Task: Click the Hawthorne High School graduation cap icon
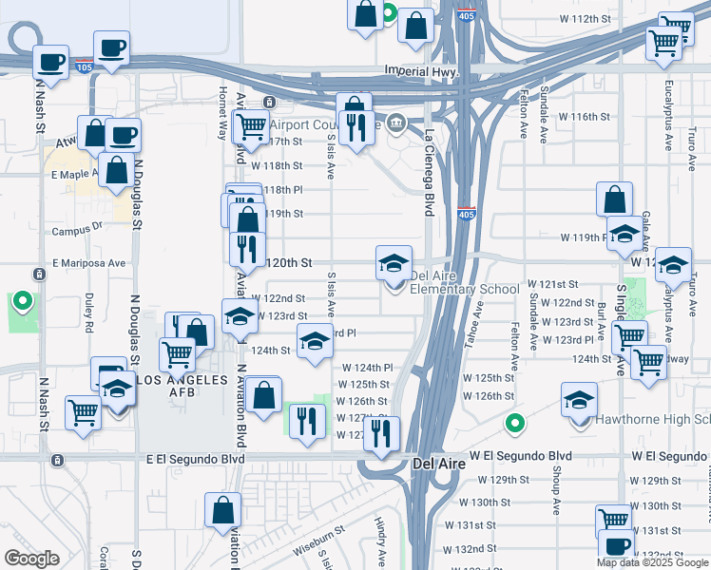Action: [579, 400]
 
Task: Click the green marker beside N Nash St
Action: [23, 304]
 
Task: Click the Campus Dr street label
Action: [76, 230]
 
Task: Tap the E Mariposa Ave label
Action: [89, 263]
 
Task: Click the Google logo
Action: [31, 559]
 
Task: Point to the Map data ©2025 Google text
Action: [653, 562]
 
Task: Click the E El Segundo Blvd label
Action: [190, 459]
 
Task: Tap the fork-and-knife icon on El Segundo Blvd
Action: [381, 433]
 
